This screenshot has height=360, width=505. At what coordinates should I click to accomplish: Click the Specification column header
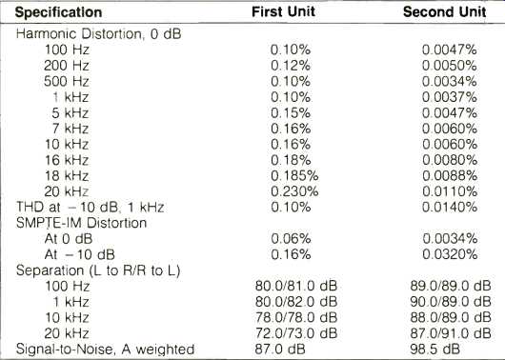tap(59, 12)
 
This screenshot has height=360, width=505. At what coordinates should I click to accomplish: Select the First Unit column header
tap(283, 11)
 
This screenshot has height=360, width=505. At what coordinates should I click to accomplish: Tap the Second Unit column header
tap(444, 12)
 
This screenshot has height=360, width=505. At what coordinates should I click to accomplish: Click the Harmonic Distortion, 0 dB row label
tap(98, 34)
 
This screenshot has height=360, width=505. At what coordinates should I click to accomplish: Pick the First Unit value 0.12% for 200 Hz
tap(291, 66)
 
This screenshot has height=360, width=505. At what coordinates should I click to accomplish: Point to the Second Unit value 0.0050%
tap(450, 66)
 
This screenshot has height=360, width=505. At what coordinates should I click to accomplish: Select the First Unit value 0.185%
tap(294, 176)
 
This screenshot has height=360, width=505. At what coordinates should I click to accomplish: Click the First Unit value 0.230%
tap(294, 191)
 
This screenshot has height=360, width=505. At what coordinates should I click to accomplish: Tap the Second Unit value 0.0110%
tap(450, 191)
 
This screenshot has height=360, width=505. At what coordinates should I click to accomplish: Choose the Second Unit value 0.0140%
tap(450, 207)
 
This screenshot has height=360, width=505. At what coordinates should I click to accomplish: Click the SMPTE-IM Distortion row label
tap(82, 223)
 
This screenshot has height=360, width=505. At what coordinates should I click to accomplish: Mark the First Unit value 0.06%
tap(291, 239)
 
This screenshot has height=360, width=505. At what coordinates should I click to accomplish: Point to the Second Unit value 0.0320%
tap(450, 254)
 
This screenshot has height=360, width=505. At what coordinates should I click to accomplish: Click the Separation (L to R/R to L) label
tap(98, 270)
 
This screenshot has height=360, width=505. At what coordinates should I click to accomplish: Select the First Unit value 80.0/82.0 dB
tap(296, 302)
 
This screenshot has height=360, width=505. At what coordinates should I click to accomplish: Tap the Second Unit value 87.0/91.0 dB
tap(451, 333)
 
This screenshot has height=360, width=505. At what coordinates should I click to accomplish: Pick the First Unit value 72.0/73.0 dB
tap(296, 333)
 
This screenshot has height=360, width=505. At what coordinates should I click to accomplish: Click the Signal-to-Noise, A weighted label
tap(105, 350)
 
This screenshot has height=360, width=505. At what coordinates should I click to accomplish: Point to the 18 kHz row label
tap(67, 176)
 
